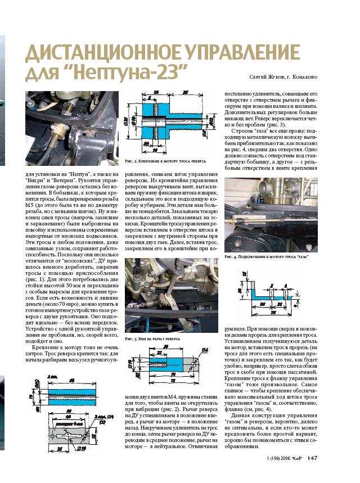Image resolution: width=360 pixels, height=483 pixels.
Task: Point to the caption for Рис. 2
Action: [x=164, y=161]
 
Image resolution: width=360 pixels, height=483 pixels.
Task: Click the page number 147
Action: [x=313, y=473]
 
